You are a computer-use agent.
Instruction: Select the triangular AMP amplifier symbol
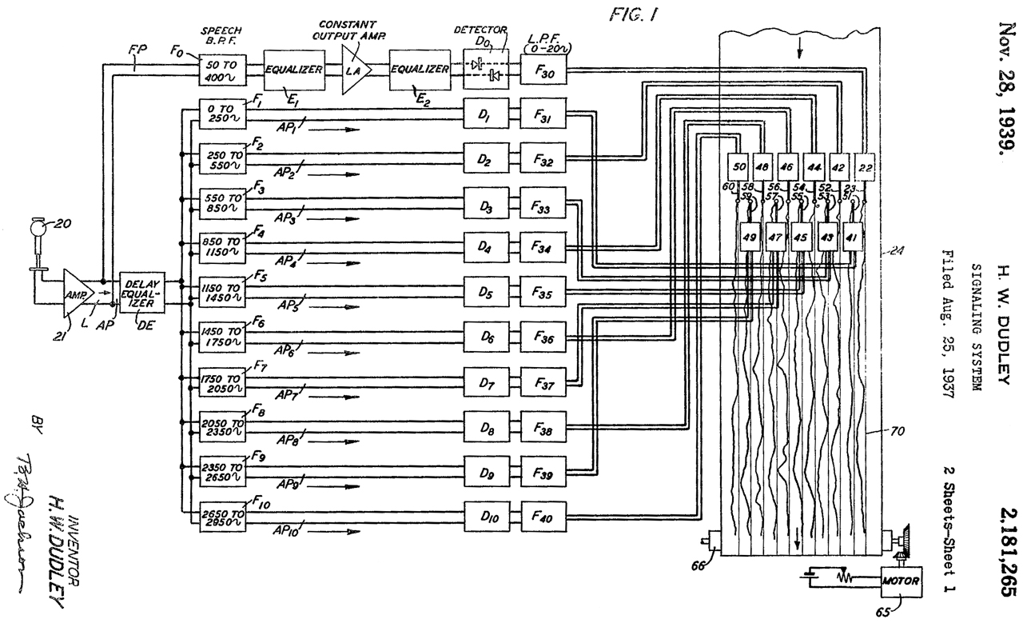click(78, 294)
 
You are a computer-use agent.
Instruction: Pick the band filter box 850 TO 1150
click(221, 248)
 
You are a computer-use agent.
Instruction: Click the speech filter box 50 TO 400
click(221, 70)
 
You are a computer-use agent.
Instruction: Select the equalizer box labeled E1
click(294, 70)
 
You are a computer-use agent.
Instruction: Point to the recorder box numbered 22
click(866, 166)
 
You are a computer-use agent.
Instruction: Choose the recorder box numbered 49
click(750, 238)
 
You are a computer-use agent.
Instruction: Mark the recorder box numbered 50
click(739, 166)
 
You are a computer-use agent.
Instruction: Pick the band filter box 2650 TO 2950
click(221, 516)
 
